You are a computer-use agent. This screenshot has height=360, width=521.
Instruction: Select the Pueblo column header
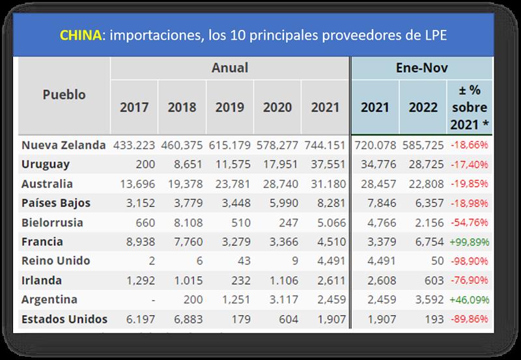pos(64,94)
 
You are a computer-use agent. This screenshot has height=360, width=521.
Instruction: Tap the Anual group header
pos(229,67)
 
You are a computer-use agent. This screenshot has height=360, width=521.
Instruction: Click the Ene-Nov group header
pos(421,67)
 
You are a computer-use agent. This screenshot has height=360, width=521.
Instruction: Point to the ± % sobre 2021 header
pos(468,106)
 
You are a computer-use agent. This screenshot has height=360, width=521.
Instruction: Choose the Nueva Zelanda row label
pos(63,145)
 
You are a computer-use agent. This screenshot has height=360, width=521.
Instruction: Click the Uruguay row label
pos(45,165)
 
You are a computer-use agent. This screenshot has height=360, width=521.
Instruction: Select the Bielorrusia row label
pos(52,223)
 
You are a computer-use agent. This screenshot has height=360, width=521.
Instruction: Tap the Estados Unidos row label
pos(64,320)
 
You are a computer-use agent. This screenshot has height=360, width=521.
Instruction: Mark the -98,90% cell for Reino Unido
pos(470,262)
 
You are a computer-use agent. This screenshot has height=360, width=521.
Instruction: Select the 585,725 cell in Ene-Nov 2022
pos(423,145)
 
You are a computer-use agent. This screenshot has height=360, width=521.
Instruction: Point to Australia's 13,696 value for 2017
pos(134,184)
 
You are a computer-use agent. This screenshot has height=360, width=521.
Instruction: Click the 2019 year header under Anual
pos(229,107)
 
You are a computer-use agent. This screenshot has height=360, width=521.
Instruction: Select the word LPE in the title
pos(434,35)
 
